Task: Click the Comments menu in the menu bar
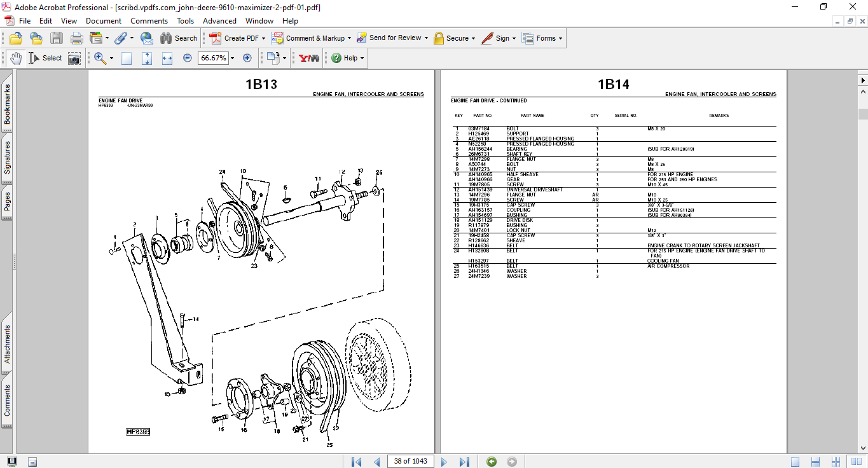pos(149,21)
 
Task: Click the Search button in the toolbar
pos(179,38)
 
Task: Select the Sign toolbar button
pos(497,38)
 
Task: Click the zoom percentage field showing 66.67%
pos(213,58)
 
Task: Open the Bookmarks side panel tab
pos(8,104)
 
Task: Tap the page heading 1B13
pos(261,85)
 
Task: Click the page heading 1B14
pos(613,85)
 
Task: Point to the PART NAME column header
pos(532,116)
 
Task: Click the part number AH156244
pos(481,149)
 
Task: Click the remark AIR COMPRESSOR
pos(668,266)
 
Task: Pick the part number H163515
pos(479,266)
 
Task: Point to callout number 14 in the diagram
pos(196,319)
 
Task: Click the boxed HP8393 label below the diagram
pos(138,432)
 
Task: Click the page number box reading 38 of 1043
pos(410,461)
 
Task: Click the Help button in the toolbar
pos(347,58)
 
